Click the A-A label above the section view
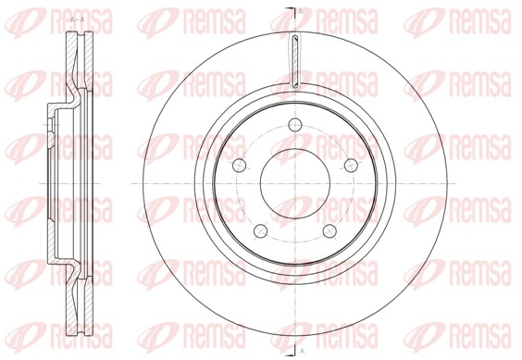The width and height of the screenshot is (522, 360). pos(78,19)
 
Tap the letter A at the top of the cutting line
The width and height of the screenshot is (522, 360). pos(301,12)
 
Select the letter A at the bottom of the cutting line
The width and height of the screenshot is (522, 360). pos(302,351)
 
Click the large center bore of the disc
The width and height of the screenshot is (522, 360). pos(295,183)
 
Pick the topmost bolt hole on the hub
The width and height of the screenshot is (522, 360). pos(295,125)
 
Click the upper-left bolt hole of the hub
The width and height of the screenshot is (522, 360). pos(239,165)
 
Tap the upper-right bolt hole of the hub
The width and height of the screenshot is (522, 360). pos(351,165)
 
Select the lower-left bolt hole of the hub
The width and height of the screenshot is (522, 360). pos(261,230)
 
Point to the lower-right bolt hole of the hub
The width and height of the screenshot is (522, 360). pos(329,230)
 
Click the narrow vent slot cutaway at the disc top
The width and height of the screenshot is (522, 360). pos(295,61)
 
